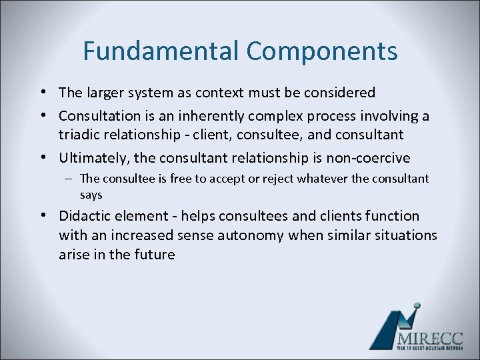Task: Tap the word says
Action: click(x=91, y=195)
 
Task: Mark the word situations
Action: click(x=403, y=235)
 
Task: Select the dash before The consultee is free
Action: click(x=69, y=179)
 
